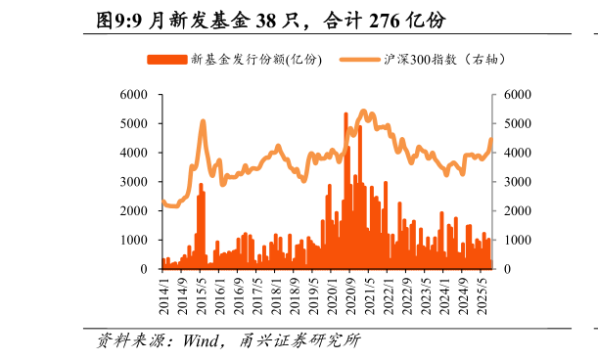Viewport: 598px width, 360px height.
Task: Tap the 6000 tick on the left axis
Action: (134, 95)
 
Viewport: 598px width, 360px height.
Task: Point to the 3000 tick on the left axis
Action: (134, 182)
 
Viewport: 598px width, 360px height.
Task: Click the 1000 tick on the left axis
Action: (134, 240)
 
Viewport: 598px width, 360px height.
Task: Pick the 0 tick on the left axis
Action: (143, 269)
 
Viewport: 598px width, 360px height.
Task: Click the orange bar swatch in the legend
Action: (166, 60)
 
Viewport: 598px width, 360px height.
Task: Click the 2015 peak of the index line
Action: (203, 121)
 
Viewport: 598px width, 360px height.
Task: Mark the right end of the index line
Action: (491, 139)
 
